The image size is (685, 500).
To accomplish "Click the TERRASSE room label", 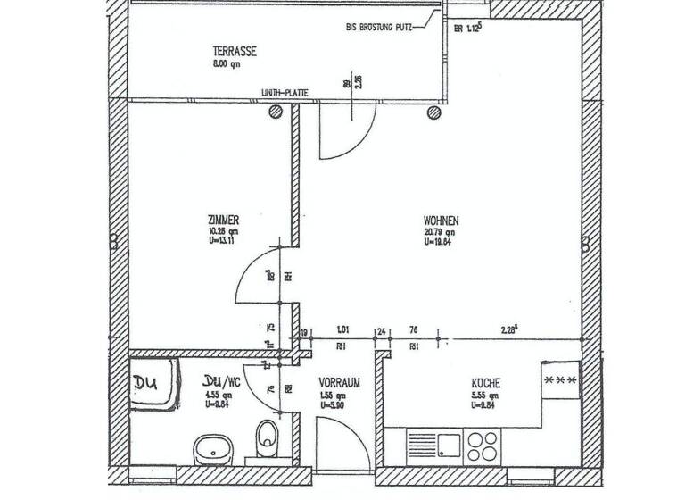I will click(235, 52).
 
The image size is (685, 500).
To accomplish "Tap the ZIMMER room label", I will click(222, 218).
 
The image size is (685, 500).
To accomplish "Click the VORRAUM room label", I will click(340, 382).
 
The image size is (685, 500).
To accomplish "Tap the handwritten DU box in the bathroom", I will click(145, 384).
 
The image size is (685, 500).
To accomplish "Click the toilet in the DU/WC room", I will click(267, 437).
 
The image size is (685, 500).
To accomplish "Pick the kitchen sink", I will click(433, 442).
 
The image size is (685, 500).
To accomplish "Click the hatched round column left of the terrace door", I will click(277, 112).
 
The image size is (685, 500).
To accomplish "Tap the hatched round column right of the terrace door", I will click(434, 112).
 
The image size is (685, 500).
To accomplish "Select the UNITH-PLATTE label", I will click(285, 92).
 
